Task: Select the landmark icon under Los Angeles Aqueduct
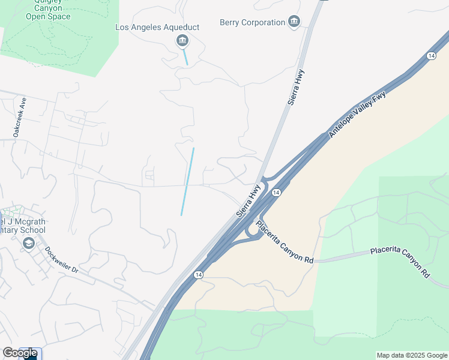click(182, 41)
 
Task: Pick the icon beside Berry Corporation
click(294, 23)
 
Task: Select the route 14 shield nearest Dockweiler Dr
click(198, 274)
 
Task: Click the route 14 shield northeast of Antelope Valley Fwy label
click(431, 56)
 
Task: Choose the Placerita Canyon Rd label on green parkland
click(400, 262)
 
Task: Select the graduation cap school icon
click(28, 243)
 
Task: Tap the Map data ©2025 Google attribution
click(411, 355)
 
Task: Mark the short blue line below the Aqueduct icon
click(186, 58)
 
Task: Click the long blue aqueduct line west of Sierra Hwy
click(187, 181)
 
